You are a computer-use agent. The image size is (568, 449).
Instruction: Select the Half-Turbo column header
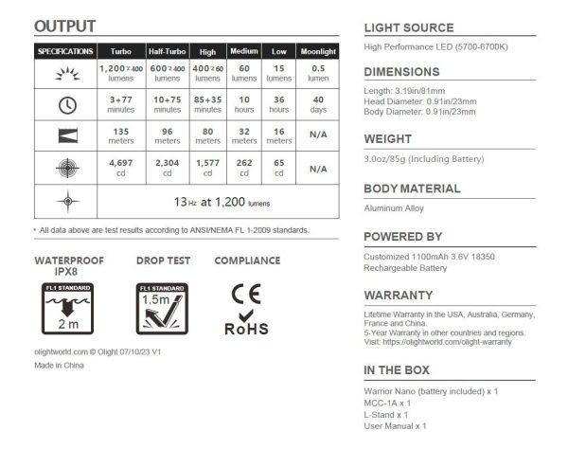tap(167, 51)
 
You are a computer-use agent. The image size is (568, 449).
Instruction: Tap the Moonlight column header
tap(318, 51)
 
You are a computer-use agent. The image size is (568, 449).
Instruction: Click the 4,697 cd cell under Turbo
tap(120, 169)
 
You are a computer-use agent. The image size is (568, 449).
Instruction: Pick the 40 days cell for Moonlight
tap(318, 103)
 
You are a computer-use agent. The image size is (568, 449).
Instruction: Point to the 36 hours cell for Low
tap(278, 103)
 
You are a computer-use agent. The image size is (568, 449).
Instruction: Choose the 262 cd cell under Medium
tap(243, 169)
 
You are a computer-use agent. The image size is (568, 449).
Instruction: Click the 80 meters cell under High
tap(205, 136)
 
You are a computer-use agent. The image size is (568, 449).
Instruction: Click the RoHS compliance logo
tap(246, 321)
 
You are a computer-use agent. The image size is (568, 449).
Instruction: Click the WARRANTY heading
tap(399, 295)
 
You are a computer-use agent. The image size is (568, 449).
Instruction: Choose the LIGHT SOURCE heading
tap(408, 27)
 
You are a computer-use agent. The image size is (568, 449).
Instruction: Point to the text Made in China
tap(60, 365)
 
